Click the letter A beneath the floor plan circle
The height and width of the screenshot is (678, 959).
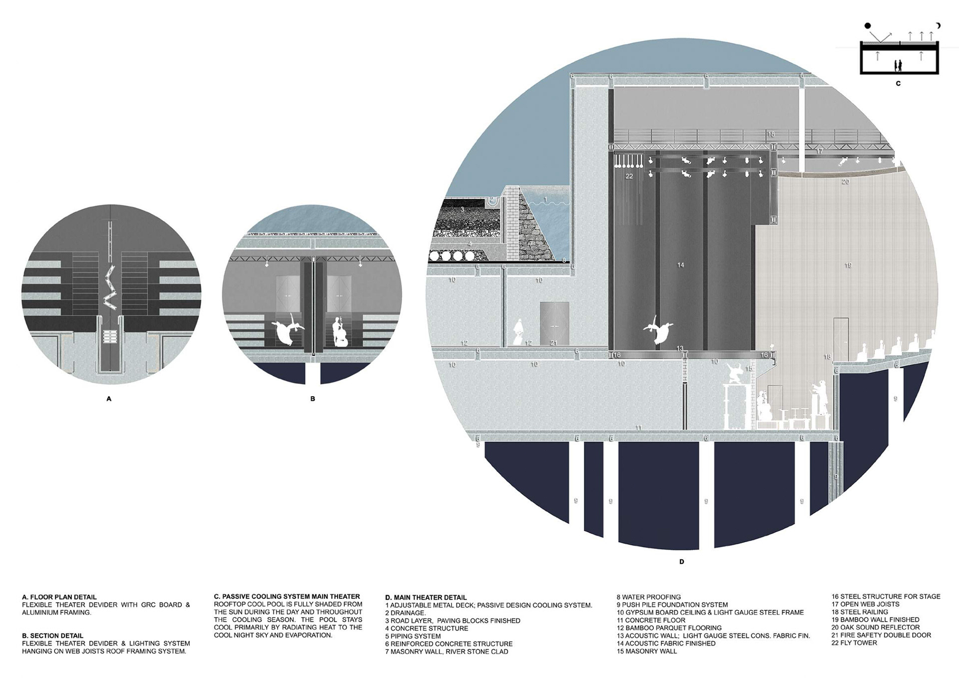coord(109,399)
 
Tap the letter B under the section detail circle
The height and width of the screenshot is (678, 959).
coord(313,399)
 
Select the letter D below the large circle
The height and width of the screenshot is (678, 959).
coord(682,562)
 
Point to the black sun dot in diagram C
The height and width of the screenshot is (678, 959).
coord(868,25)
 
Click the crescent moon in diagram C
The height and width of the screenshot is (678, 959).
coord(938,25)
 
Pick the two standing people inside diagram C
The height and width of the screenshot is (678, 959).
coord(898,65)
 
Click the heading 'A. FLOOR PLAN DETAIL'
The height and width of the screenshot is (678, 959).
coord(59,597)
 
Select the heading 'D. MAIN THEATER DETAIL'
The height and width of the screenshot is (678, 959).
coord(426,597)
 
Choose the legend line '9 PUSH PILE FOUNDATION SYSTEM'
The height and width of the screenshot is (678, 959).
coord(672,605)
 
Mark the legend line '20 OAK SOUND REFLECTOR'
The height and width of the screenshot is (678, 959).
coord(875,627)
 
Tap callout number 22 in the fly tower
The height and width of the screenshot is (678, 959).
coord(629,176)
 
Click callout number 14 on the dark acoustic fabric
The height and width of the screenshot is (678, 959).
coord(680,265)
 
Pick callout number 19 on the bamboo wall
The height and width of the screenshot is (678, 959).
coord(848,265)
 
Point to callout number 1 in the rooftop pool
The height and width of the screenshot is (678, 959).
coord(545,199)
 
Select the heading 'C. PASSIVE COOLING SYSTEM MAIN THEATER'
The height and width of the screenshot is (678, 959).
coord(287,596)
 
